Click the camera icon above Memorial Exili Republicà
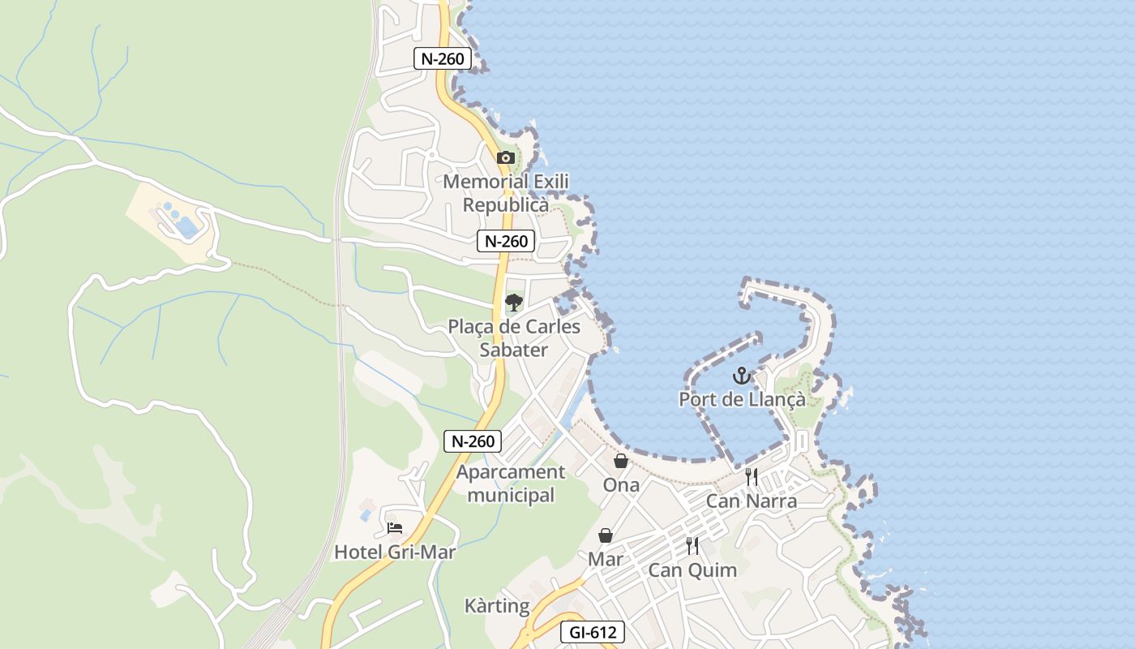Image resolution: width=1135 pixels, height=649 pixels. coord(506,157)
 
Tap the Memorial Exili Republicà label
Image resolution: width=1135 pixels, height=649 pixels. coord(506,193)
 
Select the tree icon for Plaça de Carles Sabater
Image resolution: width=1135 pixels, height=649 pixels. coord(513,303)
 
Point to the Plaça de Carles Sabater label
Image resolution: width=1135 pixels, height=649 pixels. coord(514,338)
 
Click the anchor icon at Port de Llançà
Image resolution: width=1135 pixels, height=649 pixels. coord(741,376)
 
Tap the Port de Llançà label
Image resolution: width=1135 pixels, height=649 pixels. coord(742,399)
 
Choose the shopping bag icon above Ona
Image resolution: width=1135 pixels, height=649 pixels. coord(621,461)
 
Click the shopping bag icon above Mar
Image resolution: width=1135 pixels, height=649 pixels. coord(606,535)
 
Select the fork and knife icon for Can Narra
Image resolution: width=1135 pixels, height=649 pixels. coord(752,477)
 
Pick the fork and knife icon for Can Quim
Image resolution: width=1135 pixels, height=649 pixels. coord(692,546)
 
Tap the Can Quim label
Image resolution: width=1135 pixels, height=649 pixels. coord(692,570)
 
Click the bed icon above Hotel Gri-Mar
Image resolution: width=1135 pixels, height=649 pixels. coord(395,527)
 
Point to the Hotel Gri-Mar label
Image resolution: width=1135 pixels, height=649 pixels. coord(395,552)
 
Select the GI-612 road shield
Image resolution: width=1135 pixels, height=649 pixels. coord(593,632)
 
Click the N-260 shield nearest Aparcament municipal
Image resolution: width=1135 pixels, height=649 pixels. coord(473,441)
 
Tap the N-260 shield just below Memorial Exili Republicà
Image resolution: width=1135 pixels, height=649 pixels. coord(506,241)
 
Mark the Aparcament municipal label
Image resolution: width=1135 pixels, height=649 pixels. coord(511,484)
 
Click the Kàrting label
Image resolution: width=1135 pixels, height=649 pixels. coord(497,606)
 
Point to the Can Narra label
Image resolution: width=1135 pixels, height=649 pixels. coord(752,501)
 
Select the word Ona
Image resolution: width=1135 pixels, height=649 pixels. coord(621,485)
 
